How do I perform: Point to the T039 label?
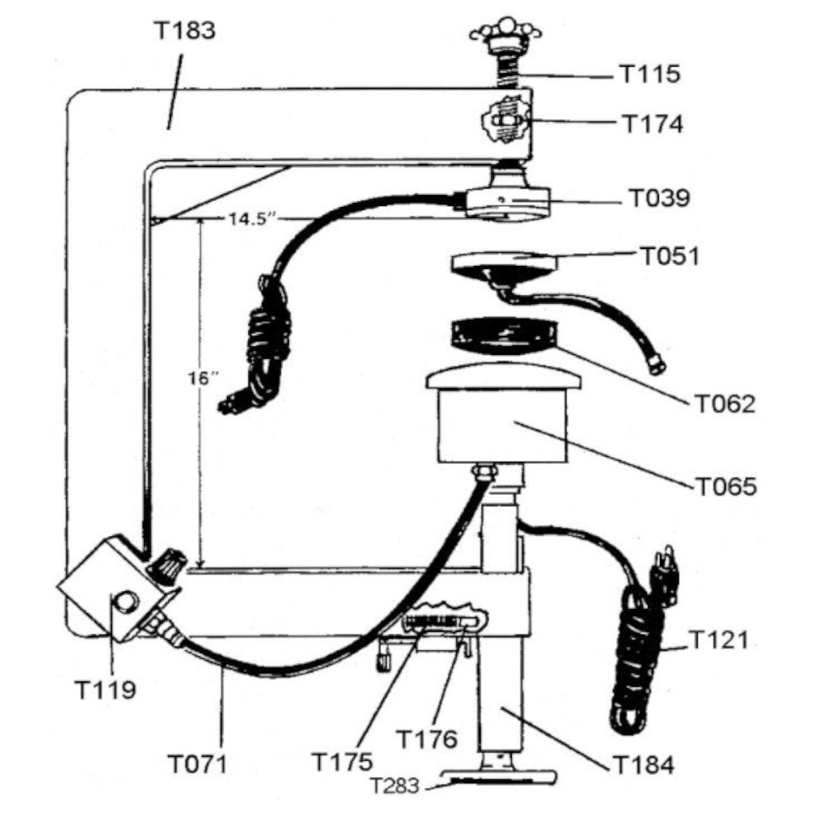[660, 198]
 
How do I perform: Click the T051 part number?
[669, 256]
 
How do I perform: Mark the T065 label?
[727, 485]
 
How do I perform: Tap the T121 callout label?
[718, 639]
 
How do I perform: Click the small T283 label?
[396, 786]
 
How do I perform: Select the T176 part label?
[427, 739]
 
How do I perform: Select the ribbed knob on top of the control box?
[167, 567]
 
